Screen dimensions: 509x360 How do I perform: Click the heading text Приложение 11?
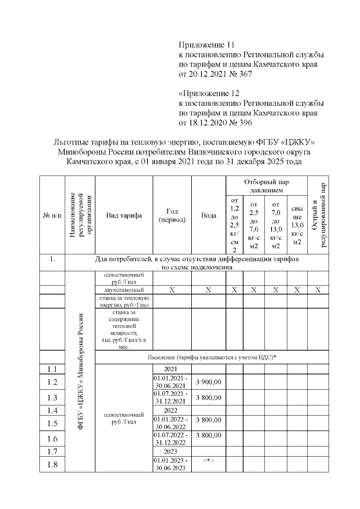(205, 44)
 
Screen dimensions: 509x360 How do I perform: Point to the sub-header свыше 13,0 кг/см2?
(297, 225)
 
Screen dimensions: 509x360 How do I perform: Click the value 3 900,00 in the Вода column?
(208, 382)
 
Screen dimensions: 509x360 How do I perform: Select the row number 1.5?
(52, 424)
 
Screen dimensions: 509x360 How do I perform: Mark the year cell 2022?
(172, 411)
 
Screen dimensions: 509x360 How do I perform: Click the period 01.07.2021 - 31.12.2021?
(172, 397)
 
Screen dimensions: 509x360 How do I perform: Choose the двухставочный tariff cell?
(124, 290)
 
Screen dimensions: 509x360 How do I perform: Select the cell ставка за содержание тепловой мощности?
(124, 329)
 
